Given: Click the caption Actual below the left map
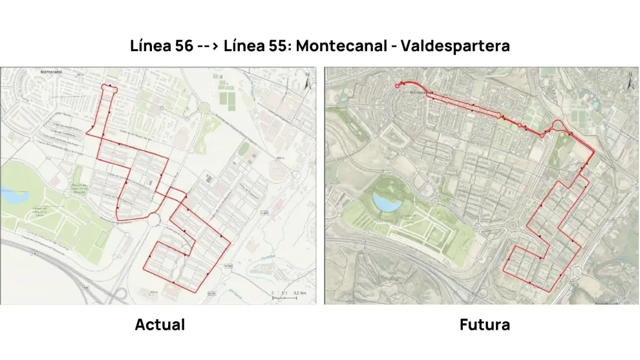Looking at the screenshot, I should click(x=160, y=324).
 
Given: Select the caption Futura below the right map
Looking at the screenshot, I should click(x=484, y=324).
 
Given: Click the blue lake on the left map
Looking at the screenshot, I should click(x=11, y=193).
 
